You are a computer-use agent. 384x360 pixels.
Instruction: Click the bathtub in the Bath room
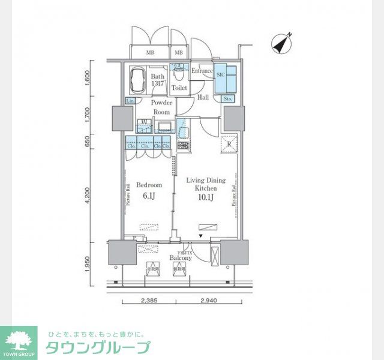[138, 81]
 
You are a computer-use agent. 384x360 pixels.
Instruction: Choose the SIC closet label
[220, 74]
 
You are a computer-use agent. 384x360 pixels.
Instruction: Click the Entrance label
[202, 71]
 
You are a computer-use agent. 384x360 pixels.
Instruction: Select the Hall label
[203, 98]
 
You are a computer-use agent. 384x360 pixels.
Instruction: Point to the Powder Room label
[162, 107]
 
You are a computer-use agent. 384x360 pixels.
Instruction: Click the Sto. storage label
[227, 98]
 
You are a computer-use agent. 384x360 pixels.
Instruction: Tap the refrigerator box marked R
[228, 145]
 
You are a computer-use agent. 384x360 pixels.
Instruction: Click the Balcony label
[180, 258]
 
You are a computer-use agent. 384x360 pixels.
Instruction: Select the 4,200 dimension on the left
[88, 196]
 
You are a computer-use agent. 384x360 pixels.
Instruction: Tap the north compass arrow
[281, 42]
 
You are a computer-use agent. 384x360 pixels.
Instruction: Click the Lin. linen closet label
[130, 101]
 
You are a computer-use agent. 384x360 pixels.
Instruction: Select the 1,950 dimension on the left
[88, 263]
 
